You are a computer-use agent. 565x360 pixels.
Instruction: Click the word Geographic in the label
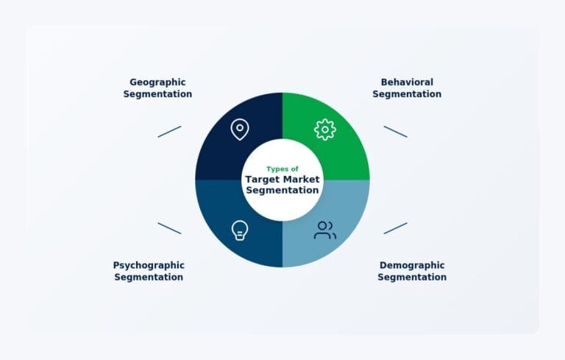point(157,82)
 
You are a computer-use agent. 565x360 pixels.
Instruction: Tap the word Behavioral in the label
point(407,82)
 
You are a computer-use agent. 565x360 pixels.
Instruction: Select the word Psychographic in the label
point(149,265)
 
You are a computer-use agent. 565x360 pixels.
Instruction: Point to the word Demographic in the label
point(412,265)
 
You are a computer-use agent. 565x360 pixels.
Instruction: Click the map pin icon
point(239,130)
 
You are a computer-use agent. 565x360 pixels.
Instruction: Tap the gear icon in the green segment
point(324,130)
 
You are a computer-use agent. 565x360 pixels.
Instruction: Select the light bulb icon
point(239,230)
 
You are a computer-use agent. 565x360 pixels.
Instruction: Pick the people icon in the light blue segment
point(324,230)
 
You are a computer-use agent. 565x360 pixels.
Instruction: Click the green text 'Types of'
point(282,169)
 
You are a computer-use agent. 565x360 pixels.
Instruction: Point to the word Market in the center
point(302,179)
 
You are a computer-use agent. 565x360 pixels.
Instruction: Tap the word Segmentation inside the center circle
point(282,190)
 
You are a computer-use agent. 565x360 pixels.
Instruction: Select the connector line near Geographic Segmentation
point(169,131)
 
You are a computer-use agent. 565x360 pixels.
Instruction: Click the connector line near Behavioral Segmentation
point(395,131)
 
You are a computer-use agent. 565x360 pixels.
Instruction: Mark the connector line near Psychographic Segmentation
point(169,228)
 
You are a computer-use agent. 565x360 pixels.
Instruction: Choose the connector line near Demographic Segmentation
point(395,228)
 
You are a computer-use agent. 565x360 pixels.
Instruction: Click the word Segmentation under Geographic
point(157,94)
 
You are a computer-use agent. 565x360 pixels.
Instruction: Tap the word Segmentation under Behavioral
point(407,94)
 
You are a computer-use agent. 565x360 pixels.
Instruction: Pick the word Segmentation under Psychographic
point(149,277)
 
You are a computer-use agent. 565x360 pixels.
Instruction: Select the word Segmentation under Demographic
point(412,277)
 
